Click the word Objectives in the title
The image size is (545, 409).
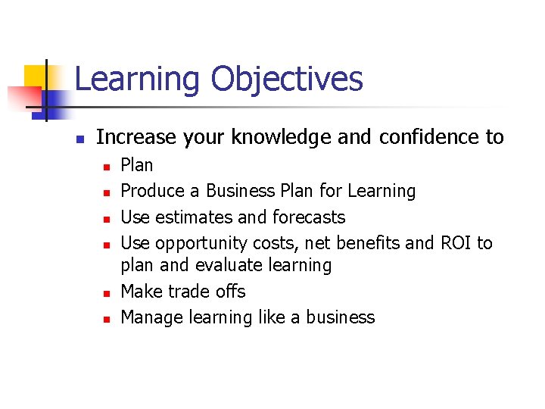click(x=287, y=80)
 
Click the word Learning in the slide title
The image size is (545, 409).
click(x=138, y=80)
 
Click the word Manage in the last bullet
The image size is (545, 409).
click(x=149, y=317)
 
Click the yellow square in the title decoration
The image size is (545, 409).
click(x=35, y=76)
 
